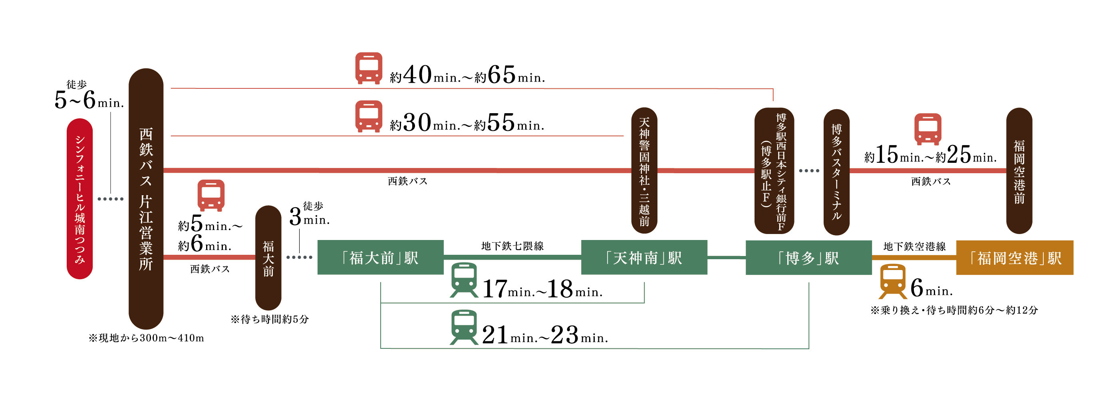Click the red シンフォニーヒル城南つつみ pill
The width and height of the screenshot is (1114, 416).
coord(79,199)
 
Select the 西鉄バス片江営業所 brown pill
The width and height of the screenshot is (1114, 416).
coord(146,199)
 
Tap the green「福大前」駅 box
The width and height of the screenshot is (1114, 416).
coord(381,258)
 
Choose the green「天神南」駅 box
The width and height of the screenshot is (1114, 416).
coord(644,258)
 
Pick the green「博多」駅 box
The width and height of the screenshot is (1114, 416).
coord(809,258)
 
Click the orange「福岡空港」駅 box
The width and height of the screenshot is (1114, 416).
coord(1015,258)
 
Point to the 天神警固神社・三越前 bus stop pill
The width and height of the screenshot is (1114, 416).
coord(644,170)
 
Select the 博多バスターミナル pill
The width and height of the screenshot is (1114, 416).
coord(836,172)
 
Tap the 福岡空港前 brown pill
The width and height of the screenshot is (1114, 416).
coord(1019,170)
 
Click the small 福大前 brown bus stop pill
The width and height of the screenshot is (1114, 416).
coord(268,258)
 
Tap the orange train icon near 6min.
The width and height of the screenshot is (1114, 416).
coord(893,281)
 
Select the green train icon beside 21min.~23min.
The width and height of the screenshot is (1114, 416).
coord(464,328)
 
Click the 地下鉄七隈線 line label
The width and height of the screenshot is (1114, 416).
coord(512,246)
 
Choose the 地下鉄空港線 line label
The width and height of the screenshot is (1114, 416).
coord(915,247)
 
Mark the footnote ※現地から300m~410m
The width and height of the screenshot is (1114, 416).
coord(146,338)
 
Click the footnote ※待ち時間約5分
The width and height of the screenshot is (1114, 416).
coord(270,320)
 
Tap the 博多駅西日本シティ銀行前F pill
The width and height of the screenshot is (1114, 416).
coord(774,170)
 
